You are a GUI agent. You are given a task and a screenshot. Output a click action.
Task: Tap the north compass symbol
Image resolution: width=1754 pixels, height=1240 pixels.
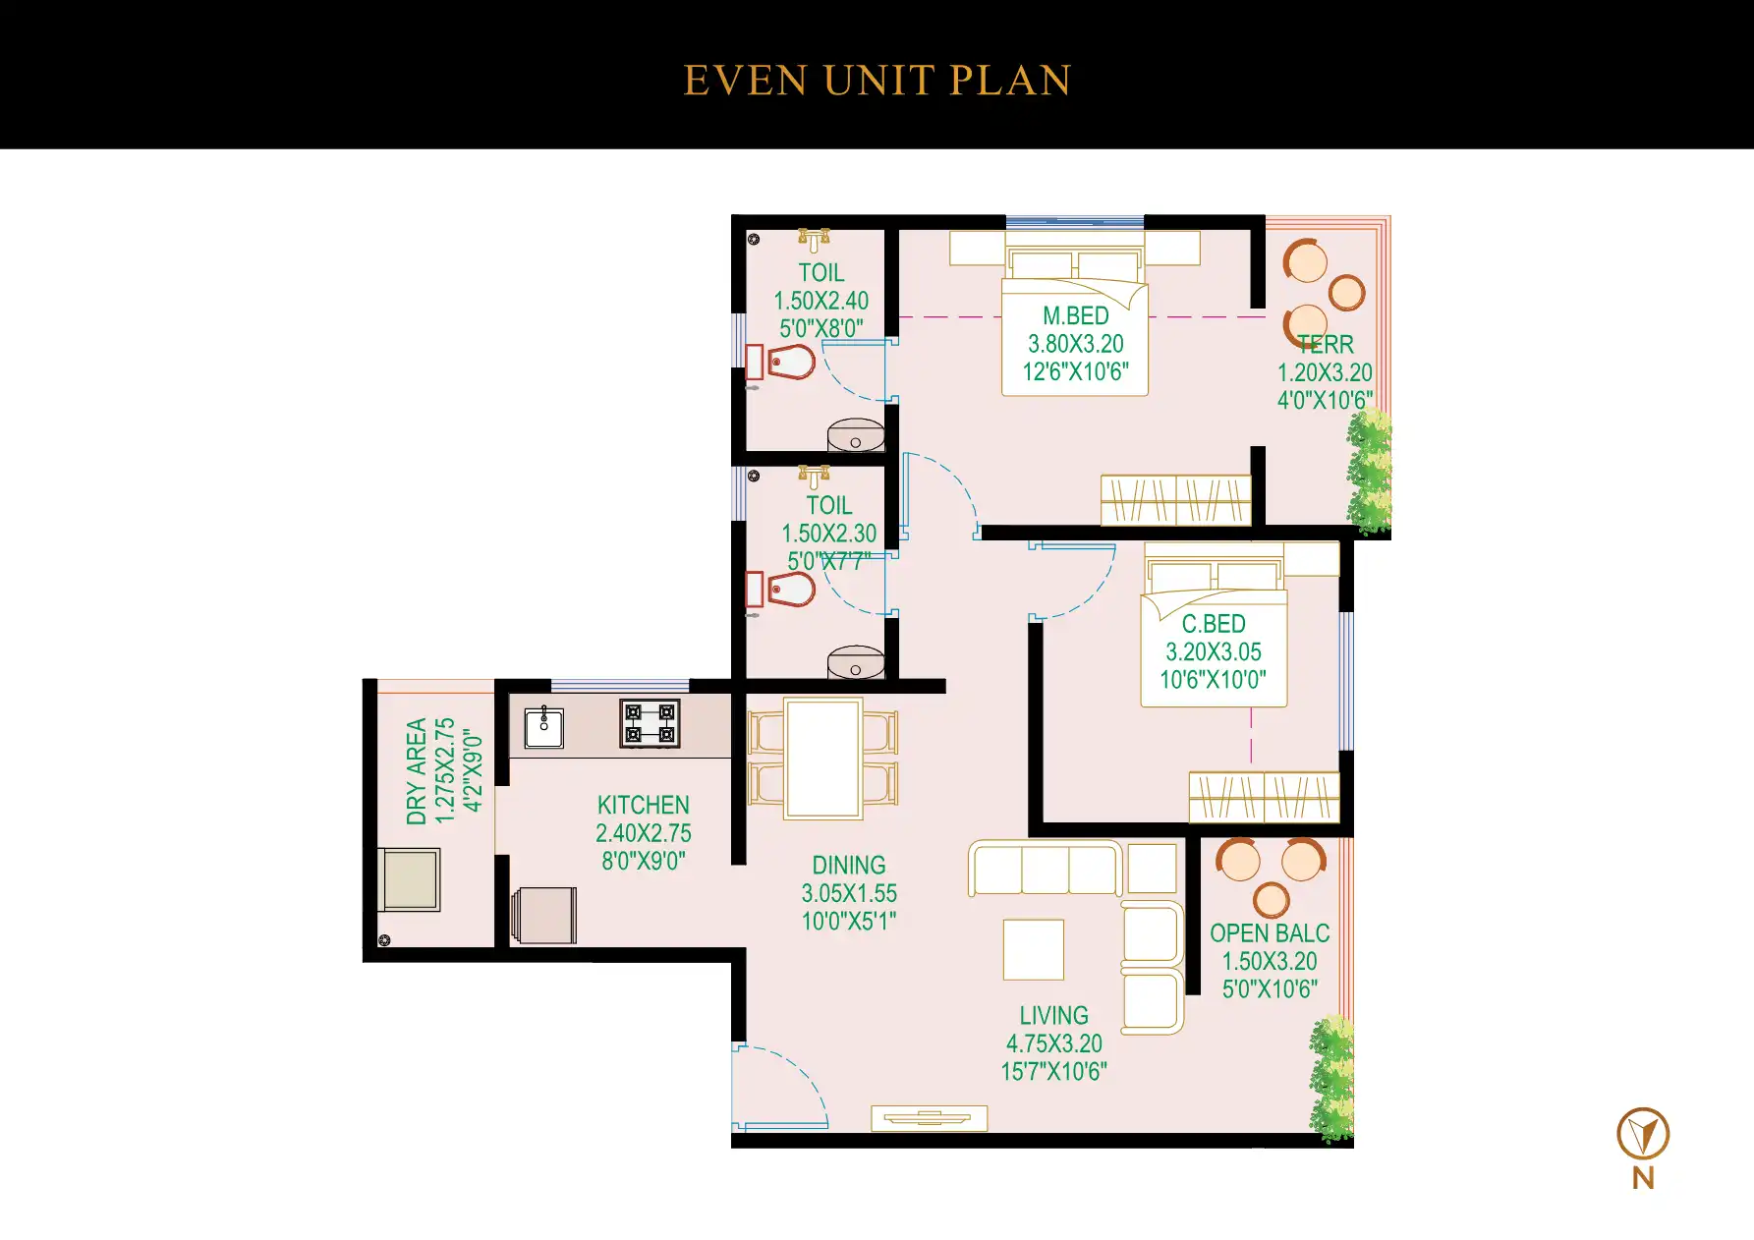(x=1643, y=1134)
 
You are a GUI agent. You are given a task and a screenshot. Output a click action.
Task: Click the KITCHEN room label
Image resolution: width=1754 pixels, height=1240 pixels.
(x=644, y=805)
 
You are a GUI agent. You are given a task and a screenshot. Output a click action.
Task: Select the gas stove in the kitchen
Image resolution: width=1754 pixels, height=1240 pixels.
(x=650, y=724)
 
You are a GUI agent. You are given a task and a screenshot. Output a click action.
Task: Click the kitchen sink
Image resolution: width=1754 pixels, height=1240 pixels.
(x=543, y=728)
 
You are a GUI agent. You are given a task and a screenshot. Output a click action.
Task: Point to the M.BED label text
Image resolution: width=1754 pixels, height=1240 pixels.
(x=1075, y=316)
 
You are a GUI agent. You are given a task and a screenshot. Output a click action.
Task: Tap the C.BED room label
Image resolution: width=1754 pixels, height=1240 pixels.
(x=1214, y=624)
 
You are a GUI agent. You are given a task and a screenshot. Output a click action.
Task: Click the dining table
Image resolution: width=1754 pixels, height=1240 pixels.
(x=823, y=759)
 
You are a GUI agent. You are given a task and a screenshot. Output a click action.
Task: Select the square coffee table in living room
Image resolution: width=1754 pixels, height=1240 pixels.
(x=1034, y=949)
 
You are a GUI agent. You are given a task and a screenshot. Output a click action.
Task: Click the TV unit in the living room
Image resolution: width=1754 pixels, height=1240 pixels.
(x=929, y=1118)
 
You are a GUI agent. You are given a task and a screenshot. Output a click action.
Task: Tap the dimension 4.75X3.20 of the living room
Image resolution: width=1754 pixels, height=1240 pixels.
(x=1053, y=1043)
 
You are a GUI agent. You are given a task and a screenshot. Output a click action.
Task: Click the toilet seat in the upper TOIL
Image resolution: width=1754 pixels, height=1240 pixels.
(x=791, y=362)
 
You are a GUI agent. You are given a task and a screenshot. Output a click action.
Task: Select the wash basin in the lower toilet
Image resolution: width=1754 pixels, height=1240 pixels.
(x=856, y=663)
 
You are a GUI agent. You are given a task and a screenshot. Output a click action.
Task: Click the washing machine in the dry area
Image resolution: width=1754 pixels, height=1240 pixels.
(x=411, y=879)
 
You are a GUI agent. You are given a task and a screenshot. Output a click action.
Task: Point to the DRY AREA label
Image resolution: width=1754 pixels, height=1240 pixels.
(x=417, y=771)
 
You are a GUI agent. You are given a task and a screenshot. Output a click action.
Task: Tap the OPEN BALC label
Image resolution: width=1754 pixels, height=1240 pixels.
(x=1270, y=933)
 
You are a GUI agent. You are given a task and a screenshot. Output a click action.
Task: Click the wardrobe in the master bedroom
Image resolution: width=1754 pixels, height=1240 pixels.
(x=1175, y=500)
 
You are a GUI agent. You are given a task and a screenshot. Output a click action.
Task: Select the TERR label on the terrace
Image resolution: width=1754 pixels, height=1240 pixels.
(x=1326, y=345)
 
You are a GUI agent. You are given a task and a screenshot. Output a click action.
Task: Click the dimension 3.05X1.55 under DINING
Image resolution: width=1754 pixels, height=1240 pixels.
(x=849, y=893)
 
